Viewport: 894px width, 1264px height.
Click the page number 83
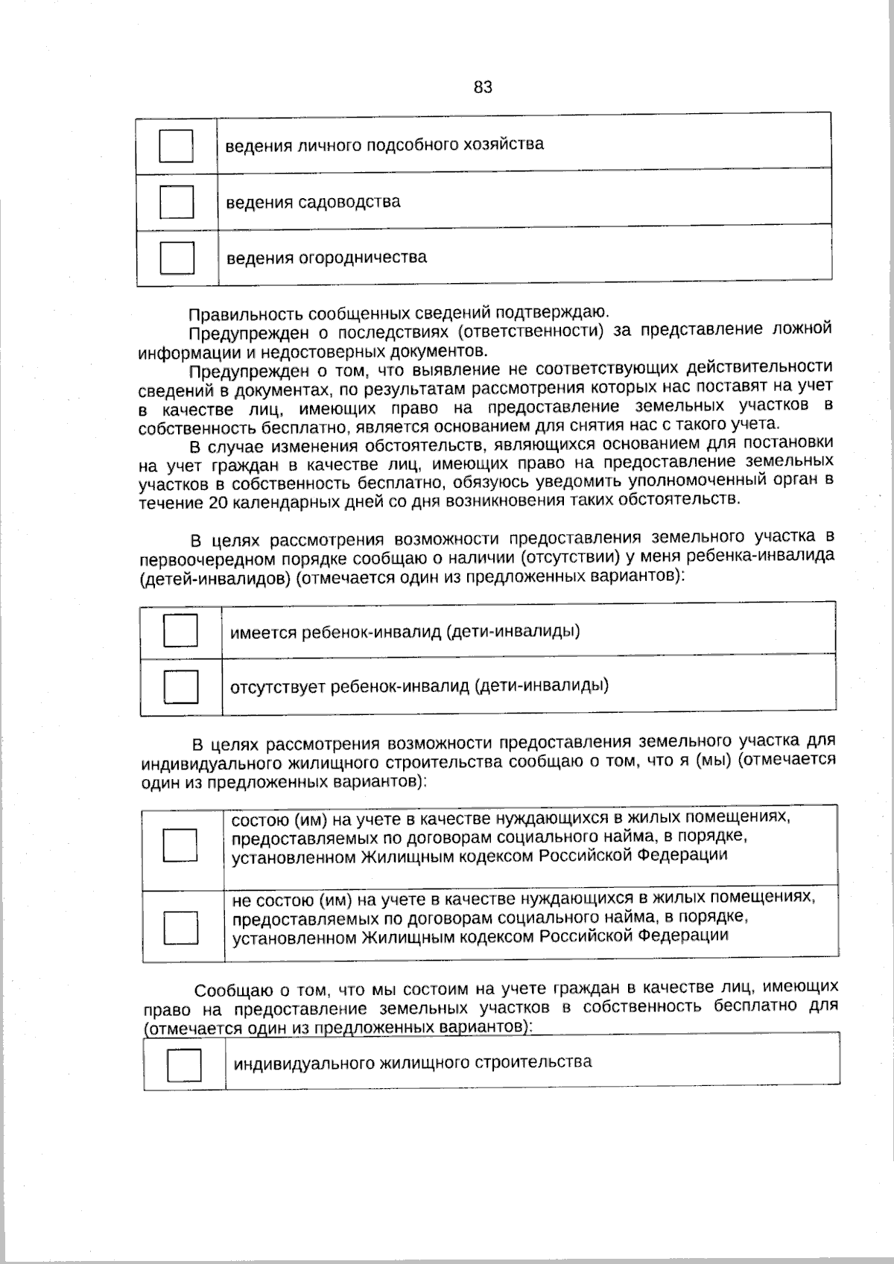[x=483, y=87]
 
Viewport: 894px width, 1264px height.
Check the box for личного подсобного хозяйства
[x=177, y=146]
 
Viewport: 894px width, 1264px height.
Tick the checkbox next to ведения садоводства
[x=177, y=202]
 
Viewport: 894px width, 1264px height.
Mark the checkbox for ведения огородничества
[x=177, y=258]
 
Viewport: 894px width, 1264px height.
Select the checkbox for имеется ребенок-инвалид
[x=180, y=631]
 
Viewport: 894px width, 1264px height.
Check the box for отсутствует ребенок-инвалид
[x=181, y=687]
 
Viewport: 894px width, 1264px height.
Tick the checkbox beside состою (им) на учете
[x=180, y=845]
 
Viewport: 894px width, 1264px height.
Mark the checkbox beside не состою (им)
[x=181, y=927]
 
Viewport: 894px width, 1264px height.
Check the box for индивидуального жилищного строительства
[x=184, y=1064]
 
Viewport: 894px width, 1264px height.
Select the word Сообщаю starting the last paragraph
[x=233, y=991]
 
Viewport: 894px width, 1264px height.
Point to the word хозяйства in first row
[x=509, y=144]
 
